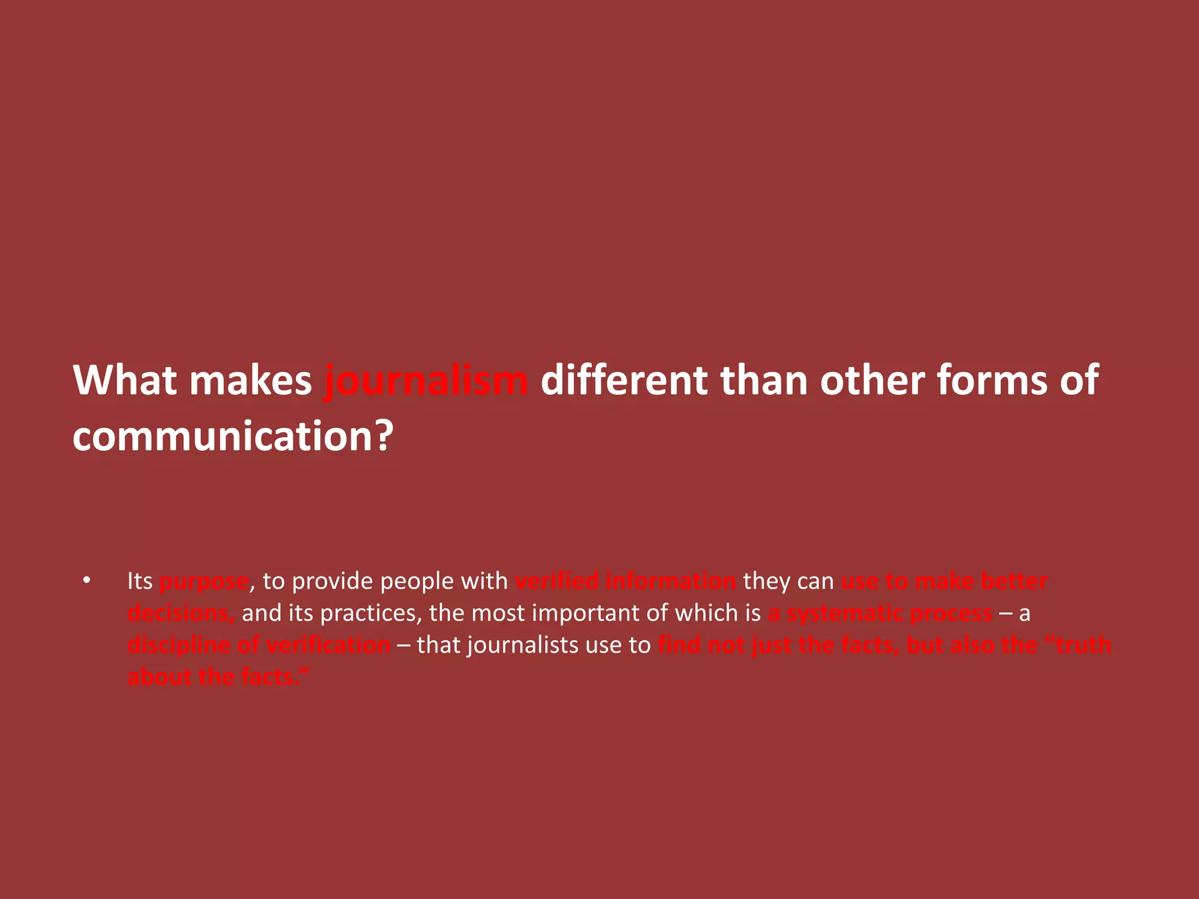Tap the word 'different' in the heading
[x=623, y=380]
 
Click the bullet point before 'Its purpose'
[x=87, y=581]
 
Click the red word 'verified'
[x=557, y=581]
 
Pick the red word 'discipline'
[x=179, y=645]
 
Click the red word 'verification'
[x=328, y=645]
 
